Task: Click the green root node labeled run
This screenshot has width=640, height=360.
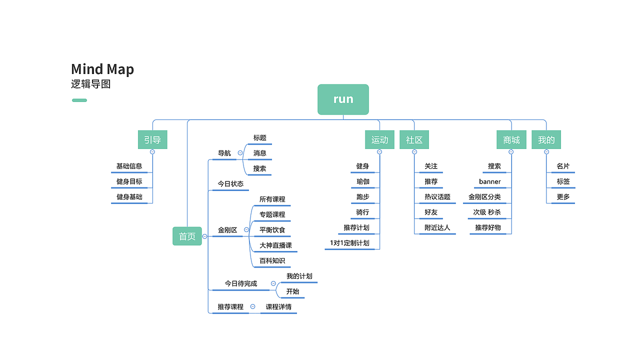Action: (x=343, y=99)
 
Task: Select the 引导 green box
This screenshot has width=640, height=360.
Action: (x=152, y=140)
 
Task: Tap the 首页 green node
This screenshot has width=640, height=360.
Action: (x=187, y=236)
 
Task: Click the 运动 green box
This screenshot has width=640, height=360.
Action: (x=379, y=140)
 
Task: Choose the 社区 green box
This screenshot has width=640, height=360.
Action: (x=414, y=140)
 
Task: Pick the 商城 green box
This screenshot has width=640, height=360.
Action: (x=511, y=140)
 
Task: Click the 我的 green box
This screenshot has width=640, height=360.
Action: (x=546, y=140)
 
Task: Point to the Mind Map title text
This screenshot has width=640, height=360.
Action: (x=102, y=69)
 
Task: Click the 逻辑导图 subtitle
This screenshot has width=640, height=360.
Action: (x=90, y=84)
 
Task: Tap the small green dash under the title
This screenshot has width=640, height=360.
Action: (x=79, y=100)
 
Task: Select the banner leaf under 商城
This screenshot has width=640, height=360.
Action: (x=489, y=181)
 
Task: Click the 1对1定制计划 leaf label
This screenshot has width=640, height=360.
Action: (x=349, y=243)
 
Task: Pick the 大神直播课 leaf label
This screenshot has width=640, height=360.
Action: (x=275, y=245)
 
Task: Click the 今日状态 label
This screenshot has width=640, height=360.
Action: (x=230, y=184)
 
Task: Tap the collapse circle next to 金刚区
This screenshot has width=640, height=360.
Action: (x=246, y=230)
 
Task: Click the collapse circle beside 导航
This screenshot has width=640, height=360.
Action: (x=240, y=153)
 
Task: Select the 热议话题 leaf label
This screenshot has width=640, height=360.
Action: (x=437, y=197)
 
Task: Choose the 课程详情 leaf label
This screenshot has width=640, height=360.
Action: (x=278, y=307)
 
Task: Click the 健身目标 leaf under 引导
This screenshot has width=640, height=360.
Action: (x=129, y=181)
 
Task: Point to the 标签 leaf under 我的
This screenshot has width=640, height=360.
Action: (x=563, y=181)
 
